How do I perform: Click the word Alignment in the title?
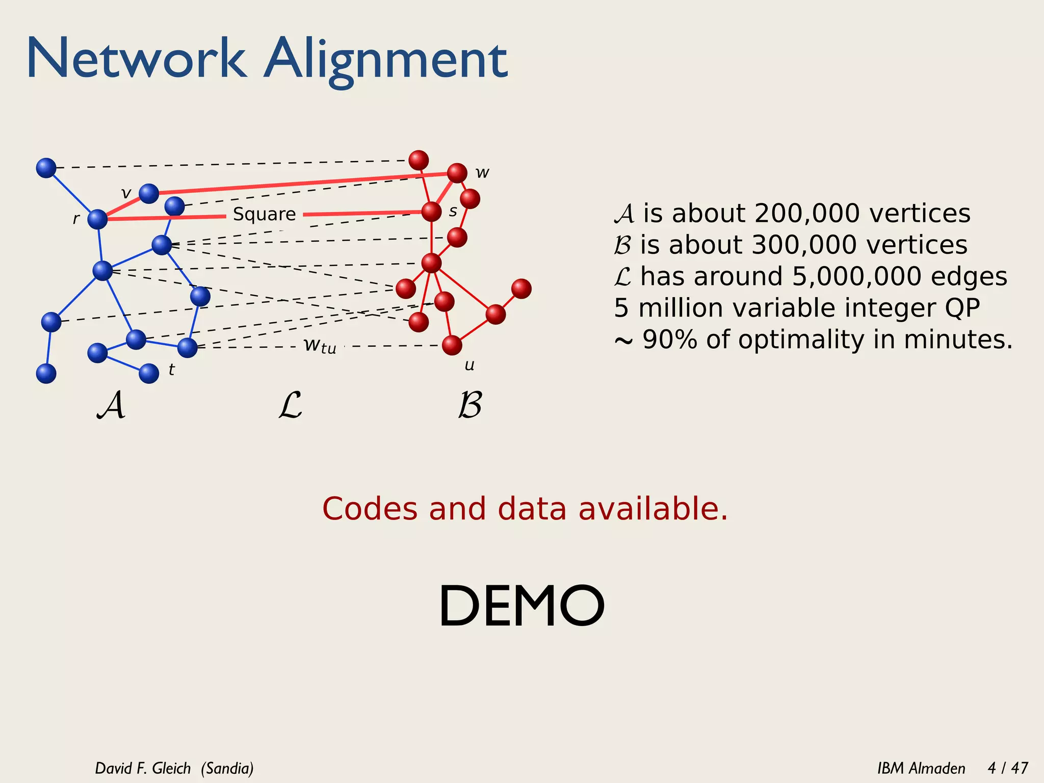(x=385, y=60)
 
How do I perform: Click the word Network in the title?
(x=136, y=59)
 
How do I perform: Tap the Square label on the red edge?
(x=264, y=214)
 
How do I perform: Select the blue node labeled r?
(x=97, y=219)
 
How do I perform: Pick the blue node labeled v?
(x=149, y=193)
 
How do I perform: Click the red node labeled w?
(x=457, y=173)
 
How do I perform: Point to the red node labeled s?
(x=431, y=212)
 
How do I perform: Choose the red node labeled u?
(x=452, y=345)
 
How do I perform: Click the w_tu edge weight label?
(x=320, y=345)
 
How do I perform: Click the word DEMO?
(x=521, y=606)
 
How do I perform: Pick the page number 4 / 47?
(x=1007, y=768)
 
